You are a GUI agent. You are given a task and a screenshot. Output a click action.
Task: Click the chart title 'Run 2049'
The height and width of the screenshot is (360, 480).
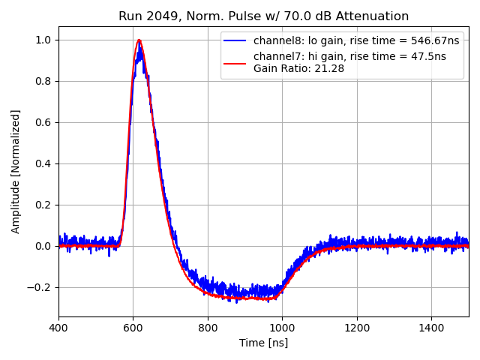coord(263,16)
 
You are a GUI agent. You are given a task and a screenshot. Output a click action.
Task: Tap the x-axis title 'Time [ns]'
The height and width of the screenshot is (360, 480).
coord(263,343)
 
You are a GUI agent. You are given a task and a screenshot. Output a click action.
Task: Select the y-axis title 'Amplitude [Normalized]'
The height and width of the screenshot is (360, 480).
coord(16,171)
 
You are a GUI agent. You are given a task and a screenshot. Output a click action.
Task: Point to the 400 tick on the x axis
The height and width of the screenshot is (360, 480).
coord(58,328)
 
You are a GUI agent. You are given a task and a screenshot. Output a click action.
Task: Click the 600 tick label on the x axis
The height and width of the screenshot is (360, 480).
coord(133,328)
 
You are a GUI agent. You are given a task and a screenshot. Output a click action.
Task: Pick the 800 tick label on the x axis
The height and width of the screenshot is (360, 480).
coord(208,328)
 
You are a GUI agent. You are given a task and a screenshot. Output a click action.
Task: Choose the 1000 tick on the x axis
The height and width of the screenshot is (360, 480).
coord(282,328)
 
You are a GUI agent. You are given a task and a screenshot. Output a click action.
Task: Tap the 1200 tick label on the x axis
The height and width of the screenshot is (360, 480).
coord(357,328)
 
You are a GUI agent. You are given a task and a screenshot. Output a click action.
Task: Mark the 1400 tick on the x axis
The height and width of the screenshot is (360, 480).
coord(431,328)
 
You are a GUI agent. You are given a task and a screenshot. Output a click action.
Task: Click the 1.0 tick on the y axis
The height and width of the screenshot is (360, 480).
coord(44,40)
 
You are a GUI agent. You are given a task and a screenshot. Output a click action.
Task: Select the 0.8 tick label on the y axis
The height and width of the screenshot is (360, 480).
coord(44,81)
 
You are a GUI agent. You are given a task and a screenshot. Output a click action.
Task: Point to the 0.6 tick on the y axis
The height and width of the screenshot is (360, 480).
coord(44,122)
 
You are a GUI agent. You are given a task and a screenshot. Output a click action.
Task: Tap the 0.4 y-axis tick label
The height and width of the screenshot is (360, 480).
coord(44,163)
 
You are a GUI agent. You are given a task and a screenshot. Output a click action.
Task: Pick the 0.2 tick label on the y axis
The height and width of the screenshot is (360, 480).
coord(44,205)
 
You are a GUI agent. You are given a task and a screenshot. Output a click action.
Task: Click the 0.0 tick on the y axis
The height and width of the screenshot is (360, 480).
coord(44,246)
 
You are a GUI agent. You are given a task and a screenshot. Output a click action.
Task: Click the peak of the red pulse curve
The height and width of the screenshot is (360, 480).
coord(139,40)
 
